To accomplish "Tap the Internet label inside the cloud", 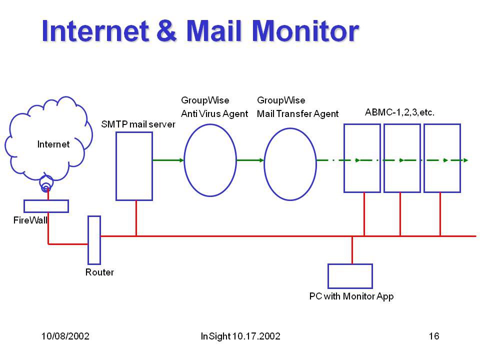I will [x=53, y=144].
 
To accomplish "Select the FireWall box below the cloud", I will [x=46, y=206].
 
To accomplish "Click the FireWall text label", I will [x=30, y=220].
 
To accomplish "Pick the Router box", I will [x=94, y=239].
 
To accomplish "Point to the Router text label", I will [x=99, y=272].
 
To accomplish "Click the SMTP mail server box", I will [x=134, y=166].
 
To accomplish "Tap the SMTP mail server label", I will [x=138, y=124].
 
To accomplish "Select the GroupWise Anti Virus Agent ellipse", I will [x=210, y=160].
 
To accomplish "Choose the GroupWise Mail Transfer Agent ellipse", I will [x=290, y=163].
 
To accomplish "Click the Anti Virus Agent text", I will [x=214, y=114].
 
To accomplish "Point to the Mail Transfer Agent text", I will [x=297, y=114].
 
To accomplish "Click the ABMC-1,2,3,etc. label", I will [x=399, y=112].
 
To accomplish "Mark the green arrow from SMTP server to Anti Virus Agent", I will [x=168, y=160].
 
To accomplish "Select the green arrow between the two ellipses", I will [x=250, y=160].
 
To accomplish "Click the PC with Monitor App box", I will [x=350, y=276].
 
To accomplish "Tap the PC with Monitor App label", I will [x=351, y=296].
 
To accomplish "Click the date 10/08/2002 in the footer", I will [x=65, y=336].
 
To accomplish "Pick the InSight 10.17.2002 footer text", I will [x=240, y=336].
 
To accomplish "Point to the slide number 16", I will [x=434, y=336].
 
